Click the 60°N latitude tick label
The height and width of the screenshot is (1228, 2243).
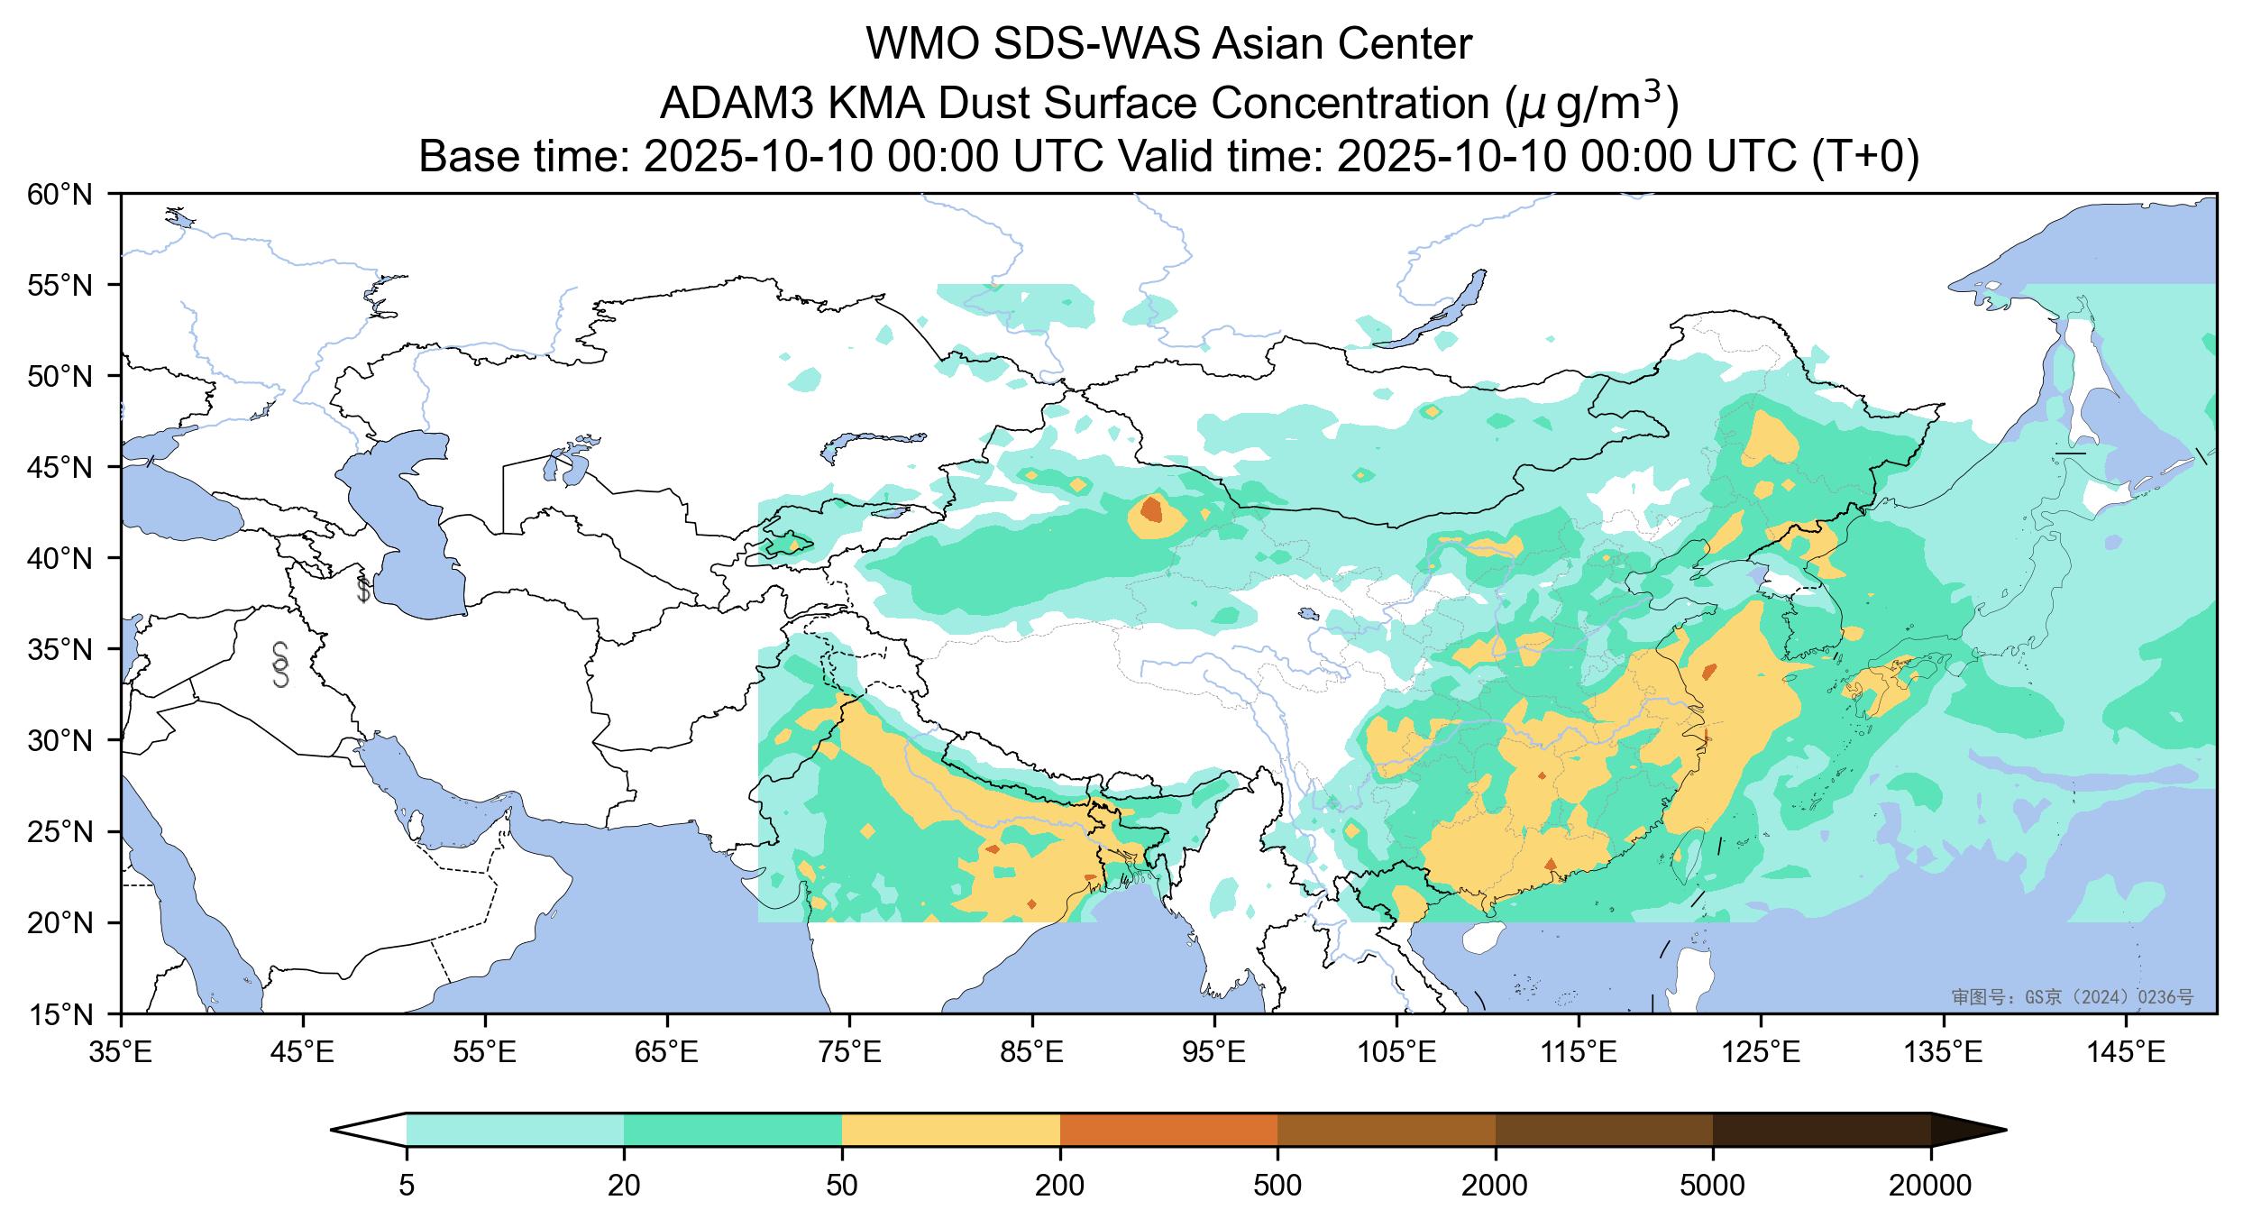coord(60,194)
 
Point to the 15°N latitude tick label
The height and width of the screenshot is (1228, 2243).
coord(60,1015)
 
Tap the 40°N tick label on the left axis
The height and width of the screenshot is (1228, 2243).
coord(60,559)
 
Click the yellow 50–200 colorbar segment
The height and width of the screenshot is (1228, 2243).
coord(950,1130)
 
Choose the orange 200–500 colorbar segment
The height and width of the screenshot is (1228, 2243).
coord(1168,1130)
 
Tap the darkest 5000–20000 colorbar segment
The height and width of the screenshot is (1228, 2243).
coord(1821,1130)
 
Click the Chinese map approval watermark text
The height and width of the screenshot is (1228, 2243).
coord(2072,996)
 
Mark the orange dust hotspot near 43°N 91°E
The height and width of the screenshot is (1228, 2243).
coord(1151,509)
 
